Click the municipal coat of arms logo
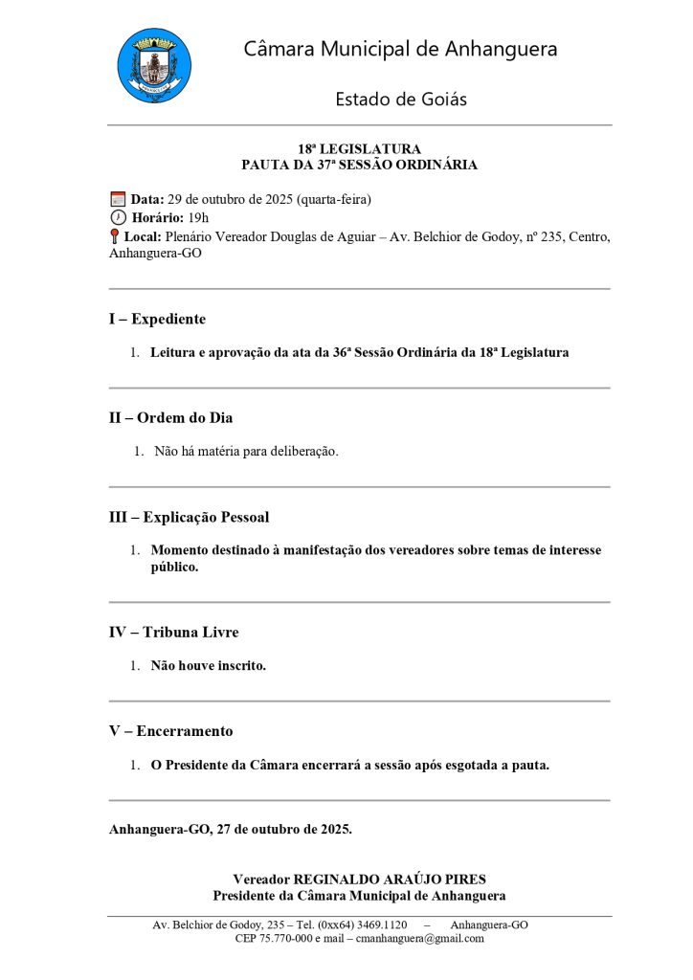point(154,66)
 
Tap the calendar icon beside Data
point(118,199)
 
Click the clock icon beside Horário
point(118,217)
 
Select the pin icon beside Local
point(115,236)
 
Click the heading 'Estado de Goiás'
point(400,99)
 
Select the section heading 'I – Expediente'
point(157,319)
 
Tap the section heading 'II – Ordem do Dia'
point(170,417)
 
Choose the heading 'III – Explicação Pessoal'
point(189,517)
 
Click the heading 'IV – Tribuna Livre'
point(173,632)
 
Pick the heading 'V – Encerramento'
point(170,730)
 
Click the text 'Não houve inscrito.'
point(208,665)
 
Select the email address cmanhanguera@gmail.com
point(417,939)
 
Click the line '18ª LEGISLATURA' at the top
point(359,149)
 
